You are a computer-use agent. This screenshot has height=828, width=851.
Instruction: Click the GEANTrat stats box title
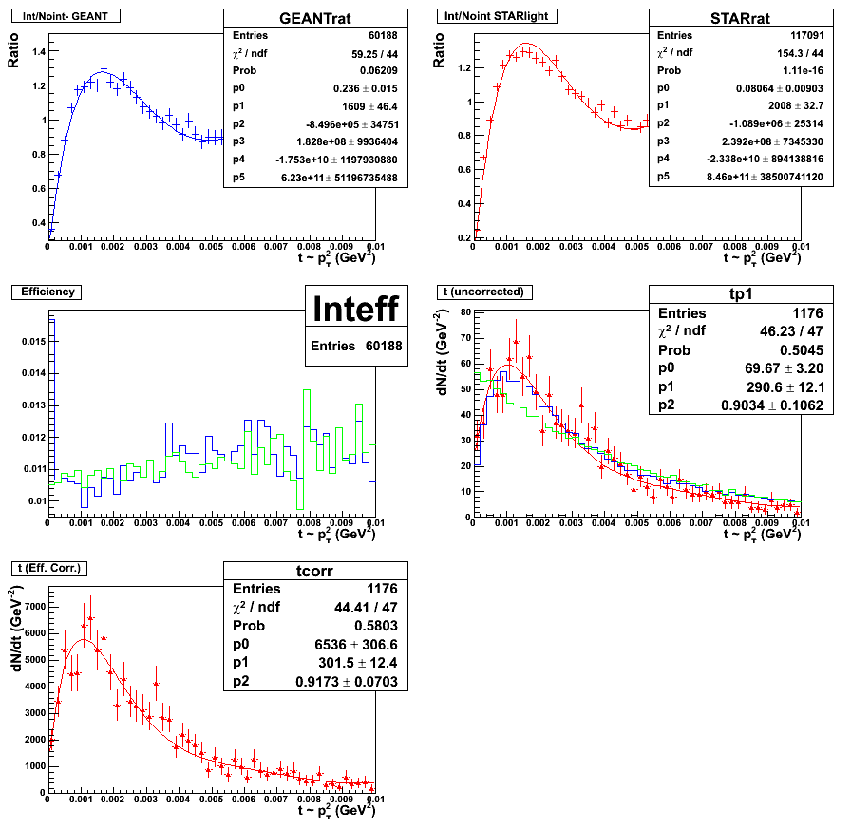click(315, 19)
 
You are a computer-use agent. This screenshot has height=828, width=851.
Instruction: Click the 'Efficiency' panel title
click(47, 292)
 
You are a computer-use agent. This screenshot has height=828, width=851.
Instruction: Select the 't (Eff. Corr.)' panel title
click(50, 568)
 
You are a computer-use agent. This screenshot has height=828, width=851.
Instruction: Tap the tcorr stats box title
click(314, 570)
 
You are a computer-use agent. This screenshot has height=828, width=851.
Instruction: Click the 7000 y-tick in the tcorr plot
click(29, 606)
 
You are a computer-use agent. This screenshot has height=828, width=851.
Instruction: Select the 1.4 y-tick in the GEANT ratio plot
click(35, 52)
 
